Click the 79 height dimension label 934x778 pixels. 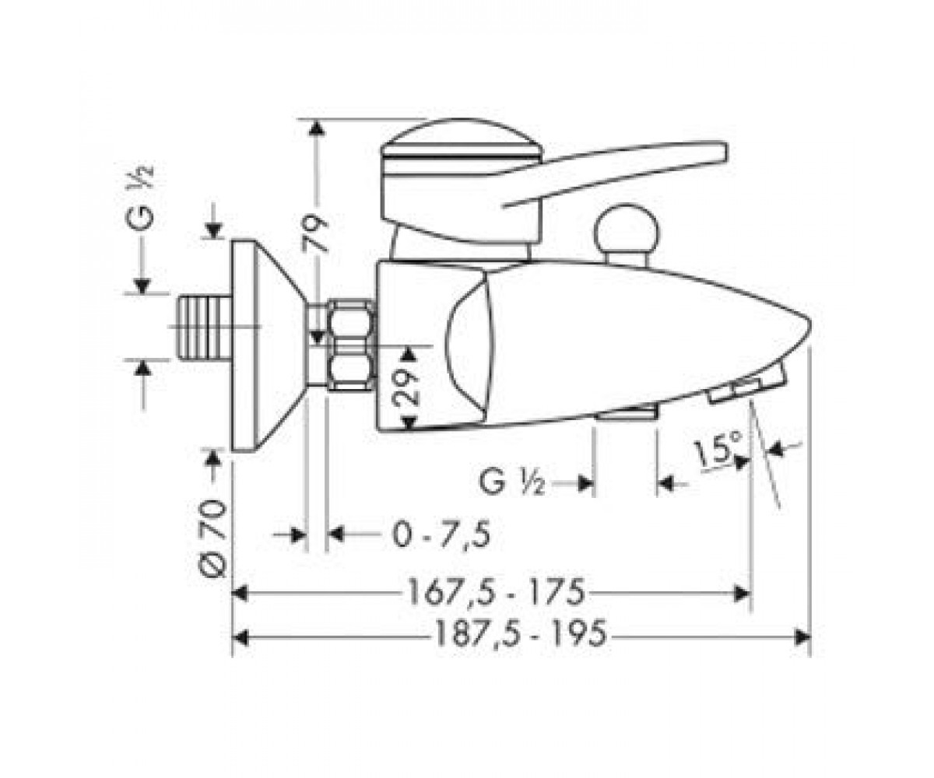314,233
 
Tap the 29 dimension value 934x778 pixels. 406,387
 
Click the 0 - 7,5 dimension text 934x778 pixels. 441,534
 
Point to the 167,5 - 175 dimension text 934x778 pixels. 497,592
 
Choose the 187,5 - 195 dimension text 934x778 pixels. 521,633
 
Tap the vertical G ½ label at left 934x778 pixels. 140,198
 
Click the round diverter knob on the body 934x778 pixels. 627,231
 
